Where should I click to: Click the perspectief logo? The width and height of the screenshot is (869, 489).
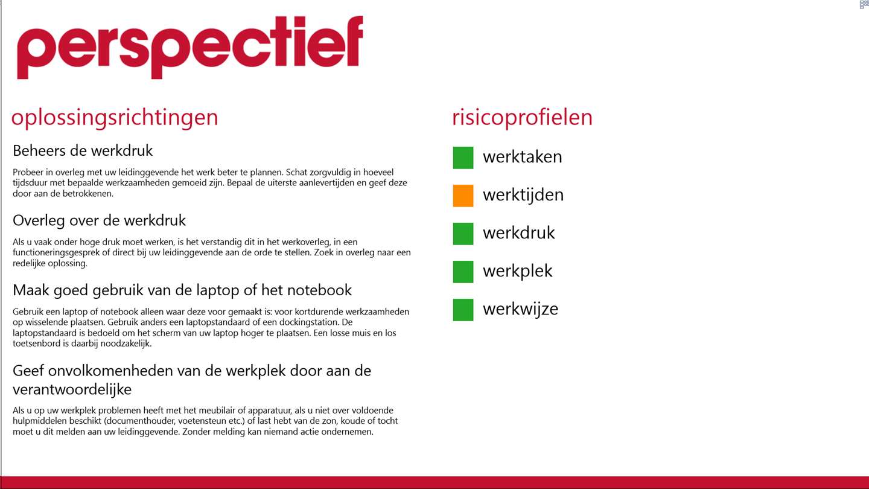[190, 47]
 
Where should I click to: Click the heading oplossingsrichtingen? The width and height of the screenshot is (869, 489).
[115, 118]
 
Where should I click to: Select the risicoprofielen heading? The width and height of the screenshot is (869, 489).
[522, 118]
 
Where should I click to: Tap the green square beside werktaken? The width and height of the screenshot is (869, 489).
[463, 158]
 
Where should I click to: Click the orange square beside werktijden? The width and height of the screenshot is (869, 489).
[463, 196]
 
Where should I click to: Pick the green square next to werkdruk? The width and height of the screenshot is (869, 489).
[463, 234]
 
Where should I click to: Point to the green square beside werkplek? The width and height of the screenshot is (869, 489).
[463, 272]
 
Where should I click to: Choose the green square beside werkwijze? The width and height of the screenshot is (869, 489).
[463, 310]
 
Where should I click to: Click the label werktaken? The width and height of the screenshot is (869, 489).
[522, 157]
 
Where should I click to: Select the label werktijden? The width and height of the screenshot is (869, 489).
[523, 196]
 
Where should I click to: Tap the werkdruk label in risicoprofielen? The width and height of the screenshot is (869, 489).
[519, 233]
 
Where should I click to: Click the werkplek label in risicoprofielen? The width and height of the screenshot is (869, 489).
[517, 272]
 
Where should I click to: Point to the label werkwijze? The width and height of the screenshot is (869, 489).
[520, 310]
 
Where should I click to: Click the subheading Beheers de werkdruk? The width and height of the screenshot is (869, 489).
[83, 150]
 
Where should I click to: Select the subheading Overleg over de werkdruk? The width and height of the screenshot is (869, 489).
[100, 220]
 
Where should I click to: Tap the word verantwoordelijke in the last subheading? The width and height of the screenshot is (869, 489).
[72, 389]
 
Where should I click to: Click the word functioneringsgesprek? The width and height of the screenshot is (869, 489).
[56, 253]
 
